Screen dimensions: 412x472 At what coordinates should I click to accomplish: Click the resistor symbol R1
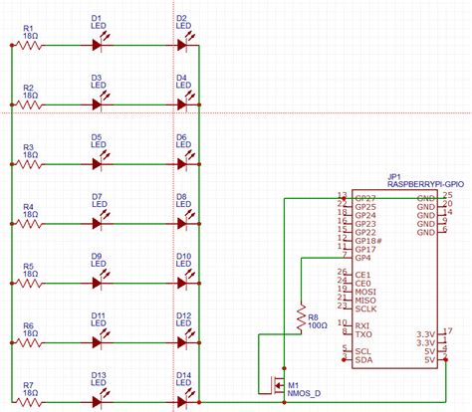click(x=28, y=45)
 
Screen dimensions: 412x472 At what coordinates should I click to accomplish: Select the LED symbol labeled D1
click(x=98, y=45)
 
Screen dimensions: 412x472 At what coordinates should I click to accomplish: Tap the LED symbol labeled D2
click(x=182, y=45)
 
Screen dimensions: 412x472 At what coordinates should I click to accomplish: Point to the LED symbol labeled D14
click(x=182, y=402)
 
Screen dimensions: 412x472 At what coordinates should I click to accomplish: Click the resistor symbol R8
click(x=299, y=318)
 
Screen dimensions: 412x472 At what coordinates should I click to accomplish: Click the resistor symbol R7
click(x=28, y=402)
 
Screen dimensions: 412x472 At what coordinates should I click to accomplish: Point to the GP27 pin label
click(x=364, y=199)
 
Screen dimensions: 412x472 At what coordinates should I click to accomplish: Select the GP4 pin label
click(x=361, y=258)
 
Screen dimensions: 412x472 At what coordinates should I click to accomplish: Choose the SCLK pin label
click(x=365, y=309)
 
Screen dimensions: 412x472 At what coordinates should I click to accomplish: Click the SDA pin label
click(x=362, y=360)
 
